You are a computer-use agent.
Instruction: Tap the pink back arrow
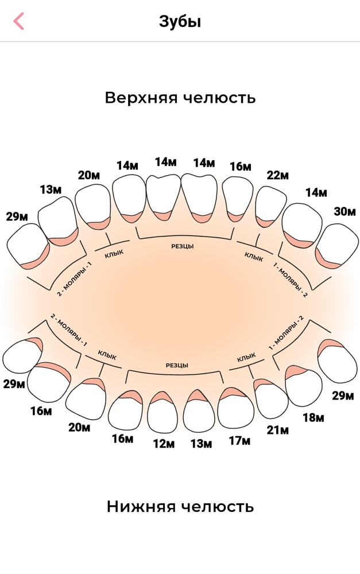tap(18, 21)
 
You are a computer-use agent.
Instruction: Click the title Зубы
tap(180, 22)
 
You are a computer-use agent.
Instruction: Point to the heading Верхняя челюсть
tap(180, 98)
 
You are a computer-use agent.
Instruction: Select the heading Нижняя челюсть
tap(180, 507)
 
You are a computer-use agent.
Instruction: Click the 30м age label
tap(344, 211)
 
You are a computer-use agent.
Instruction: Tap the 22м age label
tap(277, 175)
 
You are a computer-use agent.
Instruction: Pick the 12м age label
tap(164, 444)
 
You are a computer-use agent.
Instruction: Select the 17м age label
tap(239, 441)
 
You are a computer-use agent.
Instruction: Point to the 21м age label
tap(277, 430)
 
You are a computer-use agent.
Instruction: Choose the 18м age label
tap(313, 417)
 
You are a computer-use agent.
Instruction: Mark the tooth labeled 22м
tap(270, 207)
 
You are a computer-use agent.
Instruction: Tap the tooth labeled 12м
tap(163, 410)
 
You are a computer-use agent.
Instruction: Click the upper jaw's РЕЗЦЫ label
tap(183, 246)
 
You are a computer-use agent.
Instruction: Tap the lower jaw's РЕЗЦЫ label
tap(177, 365)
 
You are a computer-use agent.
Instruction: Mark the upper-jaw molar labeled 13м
tap(57, 221)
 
